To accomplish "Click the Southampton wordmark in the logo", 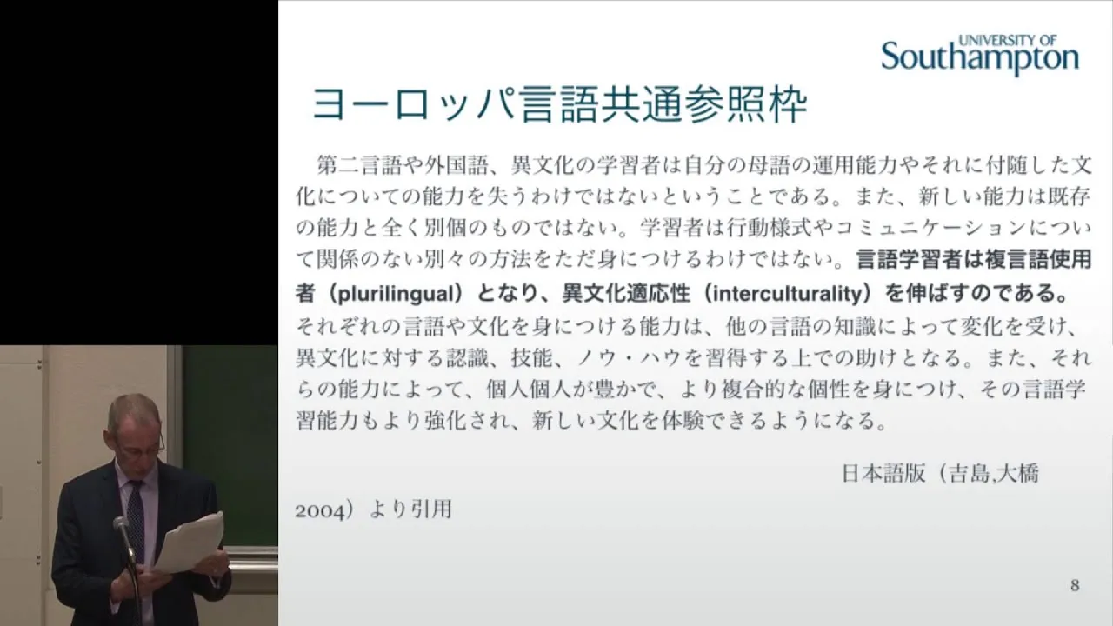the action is [980, 57].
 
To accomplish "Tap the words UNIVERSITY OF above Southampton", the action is [1008, 40].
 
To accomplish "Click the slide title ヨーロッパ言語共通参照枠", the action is [559, 106].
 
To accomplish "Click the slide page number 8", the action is [1075, 586].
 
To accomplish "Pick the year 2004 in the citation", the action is [319, 511].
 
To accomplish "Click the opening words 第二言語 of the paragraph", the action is [360, 165].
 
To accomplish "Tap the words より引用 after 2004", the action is [410, 509].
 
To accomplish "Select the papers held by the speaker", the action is [190, 542].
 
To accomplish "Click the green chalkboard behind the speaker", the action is [230, 447].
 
